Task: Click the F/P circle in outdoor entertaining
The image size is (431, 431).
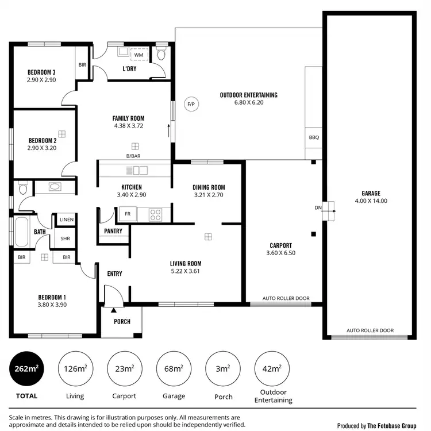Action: pyautogui.click(x=190, y=104)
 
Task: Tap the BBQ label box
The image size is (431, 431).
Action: pyautogui.click(x=313, y=137)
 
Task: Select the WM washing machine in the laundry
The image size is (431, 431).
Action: pyautogui.click(x=139, y=55)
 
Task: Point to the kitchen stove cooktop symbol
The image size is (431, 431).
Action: pyautogui.click(x=156, y=215)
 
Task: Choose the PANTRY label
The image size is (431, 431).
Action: pyautogui.click(x=113, y=231)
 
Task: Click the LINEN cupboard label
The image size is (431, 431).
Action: pyautogui.click(x=66, y=220)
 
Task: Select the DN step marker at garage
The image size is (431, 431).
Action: pyautogui.click(x=318, y=207)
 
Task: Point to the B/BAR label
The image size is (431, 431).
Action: pyautogui.click(x=133, y=156)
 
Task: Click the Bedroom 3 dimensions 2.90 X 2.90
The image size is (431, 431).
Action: pyautogui.click(x=41, y=80)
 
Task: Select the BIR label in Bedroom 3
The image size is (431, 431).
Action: pyautogui.click(x=82, y=65)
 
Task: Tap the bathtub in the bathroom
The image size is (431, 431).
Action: pyautogui.click(x=23, y=232)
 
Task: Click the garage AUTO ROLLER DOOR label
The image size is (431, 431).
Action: pyautogui.click(x=371, y=330)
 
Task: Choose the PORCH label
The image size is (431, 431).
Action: pyautogui.click(x=122, y=322)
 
